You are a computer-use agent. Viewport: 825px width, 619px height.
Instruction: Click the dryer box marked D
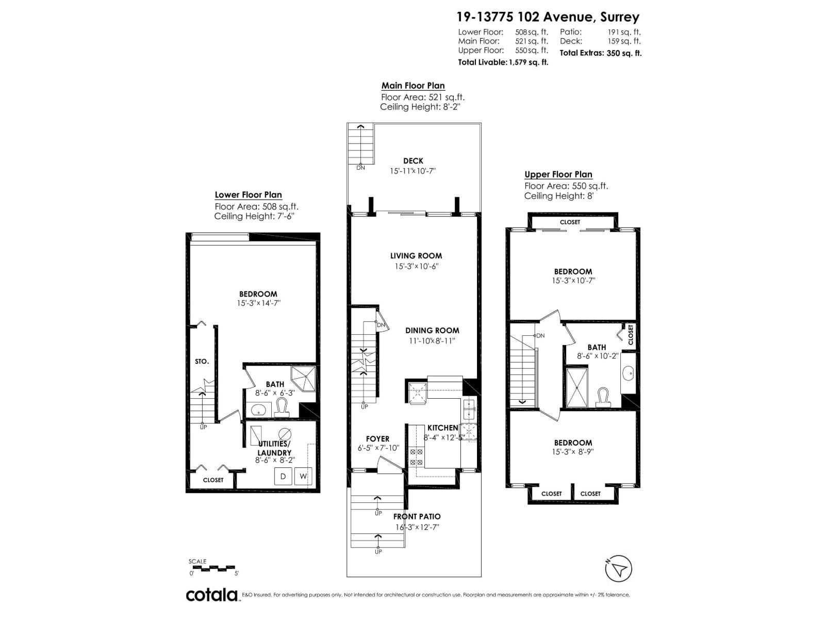point(283,476)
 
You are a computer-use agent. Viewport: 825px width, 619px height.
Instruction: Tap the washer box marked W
point(303,476)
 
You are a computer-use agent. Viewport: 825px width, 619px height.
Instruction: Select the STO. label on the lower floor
point(202,362)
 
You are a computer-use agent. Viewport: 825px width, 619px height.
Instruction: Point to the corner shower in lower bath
point(304,379)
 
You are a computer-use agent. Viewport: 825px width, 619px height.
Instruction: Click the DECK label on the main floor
point(413,161)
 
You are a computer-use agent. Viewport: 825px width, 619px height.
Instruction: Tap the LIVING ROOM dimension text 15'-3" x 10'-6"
point(416,267)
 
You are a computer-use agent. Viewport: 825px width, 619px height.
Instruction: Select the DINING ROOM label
point(432,331)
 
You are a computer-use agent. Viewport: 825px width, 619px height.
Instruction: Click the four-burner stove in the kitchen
point(416,457)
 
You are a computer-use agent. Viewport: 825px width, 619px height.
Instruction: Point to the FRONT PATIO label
point(417,516)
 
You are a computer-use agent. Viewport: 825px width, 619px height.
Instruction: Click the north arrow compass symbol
point(618,569)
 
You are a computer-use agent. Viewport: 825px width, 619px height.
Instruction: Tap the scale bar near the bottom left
point(213,568)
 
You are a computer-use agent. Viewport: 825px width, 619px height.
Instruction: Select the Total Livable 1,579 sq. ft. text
point(503,62)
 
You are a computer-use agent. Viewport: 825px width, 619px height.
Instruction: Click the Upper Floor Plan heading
point(558,174)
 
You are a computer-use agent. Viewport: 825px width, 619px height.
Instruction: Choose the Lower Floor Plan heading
point(248,194)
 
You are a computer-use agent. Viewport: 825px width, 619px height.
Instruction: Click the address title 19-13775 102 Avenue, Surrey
point(548,17)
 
